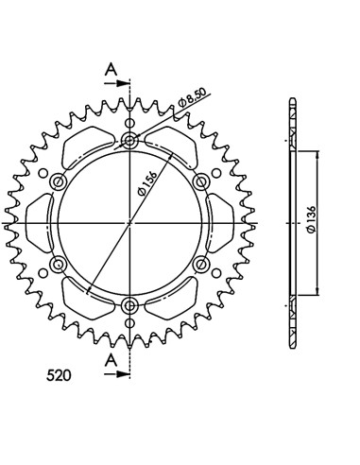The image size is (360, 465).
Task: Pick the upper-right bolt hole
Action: (x=200, y=182)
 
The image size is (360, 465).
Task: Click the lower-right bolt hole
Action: (x=200, y=263)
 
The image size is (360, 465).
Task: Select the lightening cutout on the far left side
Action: (x=41, y=223)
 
